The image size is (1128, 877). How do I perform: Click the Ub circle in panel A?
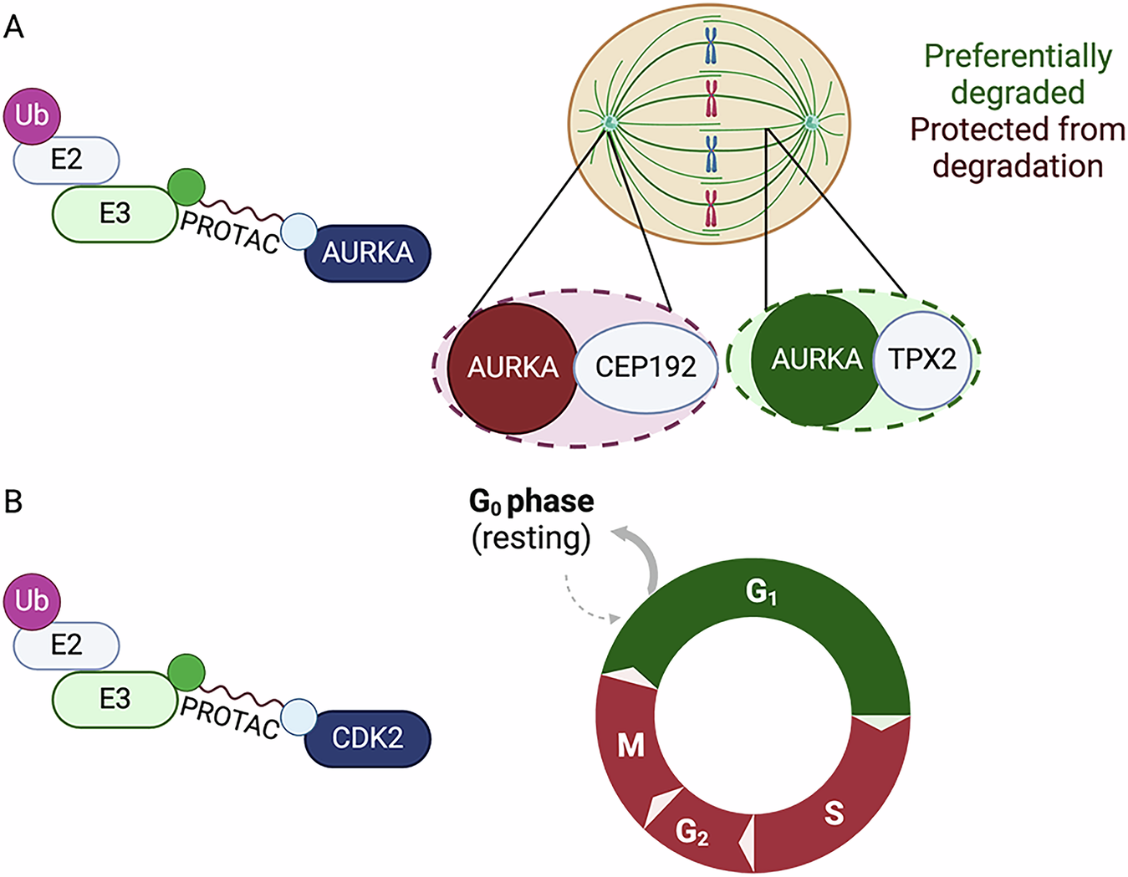pyautogui.click(x=32, y=115)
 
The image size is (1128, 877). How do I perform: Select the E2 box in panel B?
pyautogui.click(x=66, y=645)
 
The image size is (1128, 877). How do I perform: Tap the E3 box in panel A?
pyautogui.click(x=115, y=214)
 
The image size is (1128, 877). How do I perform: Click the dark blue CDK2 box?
pyautogui.click(x=367, y=738)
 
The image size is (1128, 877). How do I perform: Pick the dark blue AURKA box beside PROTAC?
pyautogui.click(x=367, y=252)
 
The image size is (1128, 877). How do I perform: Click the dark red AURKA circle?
pyautogui.click(x=512, y=368)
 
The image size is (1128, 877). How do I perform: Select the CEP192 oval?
pyautogui.click(x=646, y=368)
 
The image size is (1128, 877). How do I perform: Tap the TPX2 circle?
pyautogui.click(x=922, y=360)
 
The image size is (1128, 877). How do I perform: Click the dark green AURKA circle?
pyautogui.click(x=815, y=359)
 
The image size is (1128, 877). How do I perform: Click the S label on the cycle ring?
pyautogui.click(x=834, y=813)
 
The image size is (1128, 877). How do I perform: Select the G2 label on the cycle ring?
pyautogui.click(x=692, y=832)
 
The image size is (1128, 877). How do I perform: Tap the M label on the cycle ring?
pyautogui.click(x=630, y=745)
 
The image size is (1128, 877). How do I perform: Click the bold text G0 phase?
pyautogui.click(x=532, y=501)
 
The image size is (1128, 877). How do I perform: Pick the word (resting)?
pyautogui.click(x=531, y=538)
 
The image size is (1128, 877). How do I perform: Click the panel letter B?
pyautogui.click(x=13, y=502)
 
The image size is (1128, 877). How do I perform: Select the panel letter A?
pyautogui.click(x=13, y=28)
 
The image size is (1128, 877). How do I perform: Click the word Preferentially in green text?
pyautogui.click(x=1018, y=56)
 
